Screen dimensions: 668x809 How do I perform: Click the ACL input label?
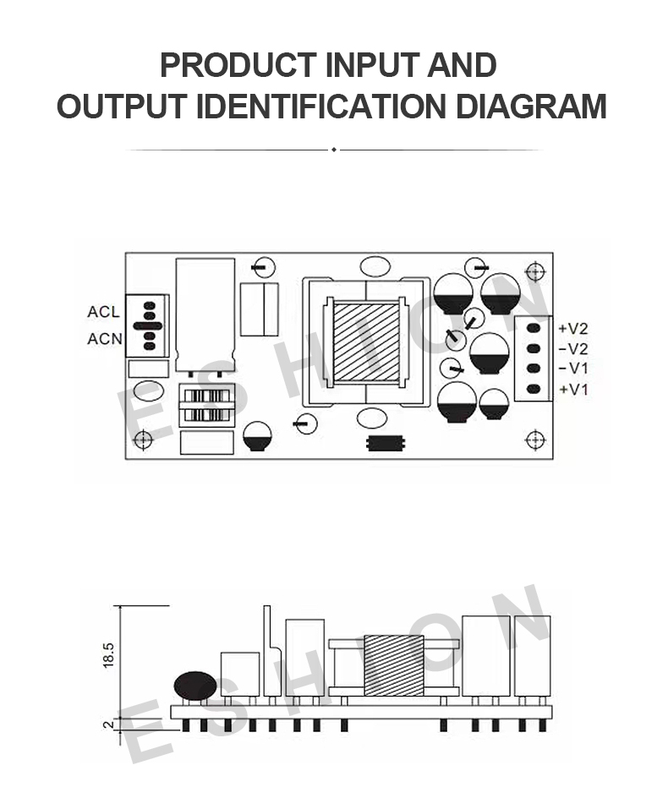click(103, 312)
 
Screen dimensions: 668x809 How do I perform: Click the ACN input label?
click(105, 339)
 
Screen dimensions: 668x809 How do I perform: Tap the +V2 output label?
click(573, 329)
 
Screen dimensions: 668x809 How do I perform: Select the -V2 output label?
click(573, 349)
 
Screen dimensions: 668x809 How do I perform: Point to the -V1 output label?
click(573, 369)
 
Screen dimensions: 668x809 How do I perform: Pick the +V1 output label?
click(573, 389)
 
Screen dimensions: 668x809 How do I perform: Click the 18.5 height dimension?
click(108, 655)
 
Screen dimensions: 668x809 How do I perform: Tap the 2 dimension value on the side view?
click(108, 724)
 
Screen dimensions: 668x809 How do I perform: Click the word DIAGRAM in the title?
click(531, 107)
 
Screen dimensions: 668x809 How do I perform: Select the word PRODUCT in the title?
click(238, 65)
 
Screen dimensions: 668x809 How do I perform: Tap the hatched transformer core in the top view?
click(366, 342)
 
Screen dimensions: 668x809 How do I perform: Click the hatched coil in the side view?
click(394, 665)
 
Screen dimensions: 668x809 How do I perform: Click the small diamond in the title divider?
click(334, 150)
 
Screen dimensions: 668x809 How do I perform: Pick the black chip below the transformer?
click(386, 443)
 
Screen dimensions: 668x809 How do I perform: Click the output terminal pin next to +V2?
click(534, 328)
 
